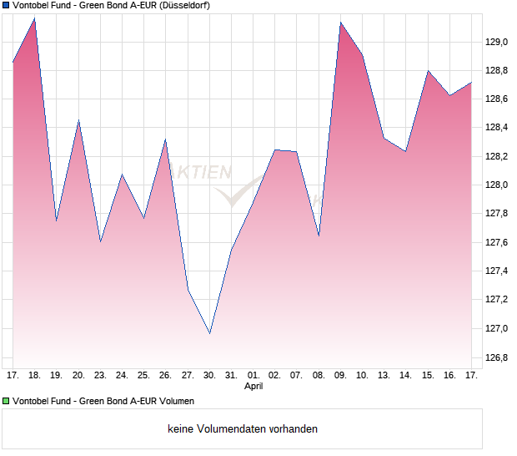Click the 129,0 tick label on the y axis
coord(498,42)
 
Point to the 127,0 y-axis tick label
coord(498,328)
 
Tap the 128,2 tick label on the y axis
coord(498,156)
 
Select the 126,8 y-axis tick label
coord(498,357)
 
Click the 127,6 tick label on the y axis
coord(498,242)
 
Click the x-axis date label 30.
coord(209,376)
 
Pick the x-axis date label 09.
coord(340,376)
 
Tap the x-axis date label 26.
coord(165,376)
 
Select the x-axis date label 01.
coord(253,376)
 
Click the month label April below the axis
coord(253,387)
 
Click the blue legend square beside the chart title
coord(6,5)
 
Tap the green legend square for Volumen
coord(6,401)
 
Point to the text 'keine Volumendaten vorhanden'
coord(243,429)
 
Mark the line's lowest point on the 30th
coord(209,333)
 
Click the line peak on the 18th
coord(34,18)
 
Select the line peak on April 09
coord(340,23)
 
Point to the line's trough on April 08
coord(319,236)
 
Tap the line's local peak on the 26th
coord(165,139)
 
